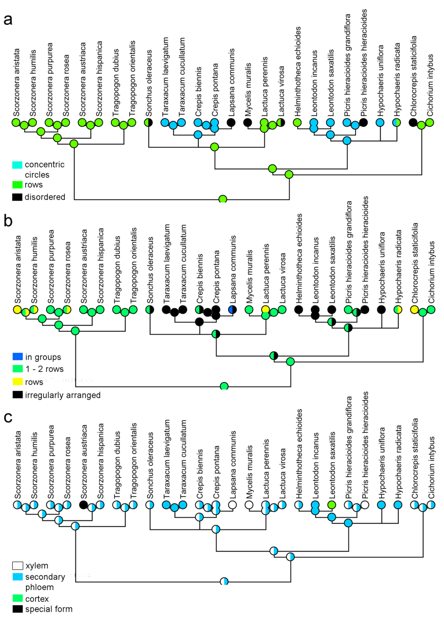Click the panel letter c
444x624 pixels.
[8, 417]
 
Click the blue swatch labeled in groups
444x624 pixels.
[18, 357]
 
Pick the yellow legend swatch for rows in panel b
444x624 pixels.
[18, 381]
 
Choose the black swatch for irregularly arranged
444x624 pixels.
[18, 394]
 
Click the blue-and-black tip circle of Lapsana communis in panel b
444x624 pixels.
[232, 310]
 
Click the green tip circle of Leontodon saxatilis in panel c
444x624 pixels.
[332, 505]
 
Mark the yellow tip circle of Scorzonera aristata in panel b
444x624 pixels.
[17, 310]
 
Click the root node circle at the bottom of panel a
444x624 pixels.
[223, 199]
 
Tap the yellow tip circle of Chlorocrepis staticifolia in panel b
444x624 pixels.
[415, 310]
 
